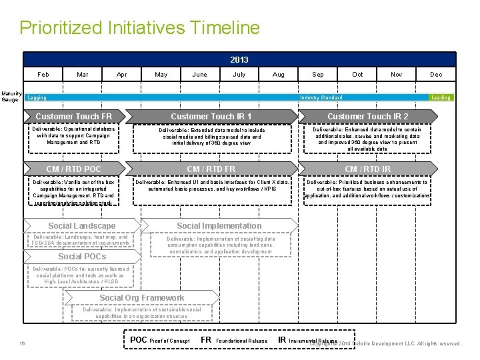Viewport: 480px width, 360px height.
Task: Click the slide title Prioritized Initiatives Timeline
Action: click(x=139, y=28)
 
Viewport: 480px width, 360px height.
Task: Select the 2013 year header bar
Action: click(x=239, y=59)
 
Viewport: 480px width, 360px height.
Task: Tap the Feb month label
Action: click(x=43, y=75)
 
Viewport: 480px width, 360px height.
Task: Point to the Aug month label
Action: click(x=279, y=75)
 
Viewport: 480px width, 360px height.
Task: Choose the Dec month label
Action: click(x=436, y=75)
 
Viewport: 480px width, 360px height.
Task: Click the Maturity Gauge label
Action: click(x=11, y=97)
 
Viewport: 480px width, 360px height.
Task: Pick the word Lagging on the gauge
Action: click(x=37, y=98)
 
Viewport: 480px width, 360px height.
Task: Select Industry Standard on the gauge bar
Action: click(x=321, y=98)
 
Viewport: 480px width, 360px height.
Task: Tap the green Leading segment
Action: click(x=441, y=98)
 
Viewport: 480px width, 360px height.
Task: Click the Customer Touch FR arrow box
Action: click(x=74, y=117)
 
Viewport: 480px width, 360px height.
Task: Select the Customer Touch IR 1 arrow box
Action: click(x=211, y=117)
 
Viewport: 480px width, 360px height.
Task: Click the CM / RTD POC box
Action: click(x=74, y=169)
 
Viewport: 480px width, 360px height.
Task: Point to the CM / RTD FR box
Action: click(x=211, y=169)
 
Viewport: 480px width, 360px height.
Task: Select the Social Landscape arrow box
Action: click(x=82, y=226)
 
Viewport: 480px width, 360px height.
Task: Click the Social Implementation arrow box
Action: click(x=219, y=226)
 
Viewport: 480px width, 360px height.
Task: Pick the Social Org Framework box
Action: click(x=142, y=298)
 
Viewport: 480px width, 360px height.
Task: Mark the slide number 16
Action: click(x=22, y=343)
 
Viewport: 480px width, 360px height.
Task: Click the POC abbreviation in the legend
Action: click(x=139, y=340)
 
